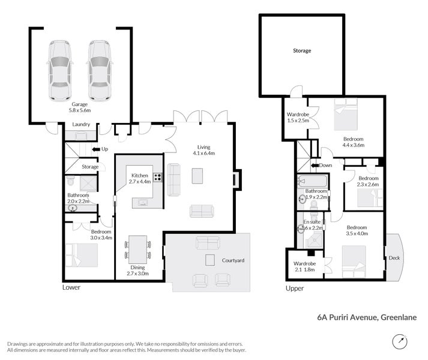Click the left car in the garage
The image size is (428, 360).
pyautogui.click(x=59, y=71)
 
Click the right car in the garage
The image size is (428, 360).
pyautogui.click(x=98, y=71)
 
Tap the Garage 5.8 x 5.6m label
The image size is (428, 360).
pyautogui.click(x=80, y=107)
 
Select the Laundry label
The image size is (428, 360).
pyautogui.click(x=80, y=125)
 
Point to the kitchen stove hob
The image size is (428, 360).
pyautogui.click(x=158, y=177)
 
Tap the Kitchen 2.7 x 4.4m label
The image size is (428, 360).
pyautogui.click(x=140, y=178)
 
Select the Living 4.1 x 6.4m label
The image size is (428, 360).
pyautogui.click(x=203, y=149)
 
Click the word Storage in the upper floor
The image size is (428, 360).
pyautogui.click(x=302, y=51)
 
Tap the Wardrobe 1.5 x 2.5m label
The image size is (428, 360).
pyautogui.click(x=298, y=117)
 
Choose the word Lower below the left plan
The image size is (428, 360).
pyautogui.click(x=71, y=287)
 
